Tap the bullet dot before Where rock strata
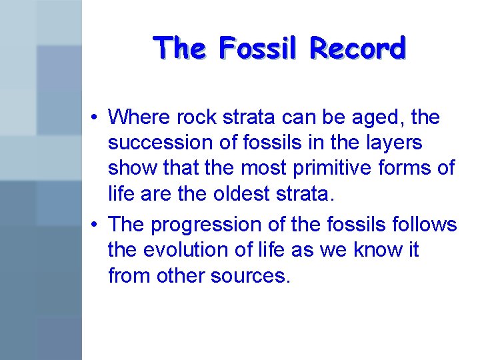[x=97, y=118]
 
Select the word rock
[x=192, y=117]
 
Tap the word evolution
[x=185, y=251]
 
